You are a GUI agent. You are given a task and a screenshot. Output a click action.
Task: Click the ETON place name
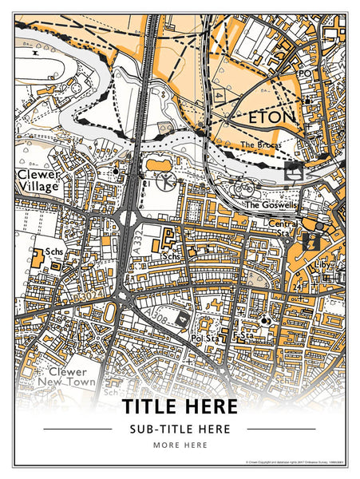click(x=272, y=119)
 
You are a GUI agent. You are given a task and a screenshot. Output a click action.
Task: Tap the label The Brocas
click(x=261, y=144)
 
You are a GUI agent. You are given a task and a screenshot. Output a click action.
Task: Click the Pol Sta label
click(x=205, y=339)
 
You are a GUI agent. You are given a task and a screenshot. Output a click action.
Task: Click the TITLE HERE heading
click(x=180, y=406)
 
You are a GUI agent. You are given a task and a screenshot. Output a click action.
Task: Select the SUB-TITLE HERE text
click(x=180, y=429)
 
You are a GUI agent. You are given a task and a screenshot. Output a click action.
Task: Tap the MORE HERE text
click(x=180, y=445)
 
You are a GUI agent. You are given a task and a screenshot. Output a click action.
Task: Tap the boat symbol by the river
click(x=293, y=170)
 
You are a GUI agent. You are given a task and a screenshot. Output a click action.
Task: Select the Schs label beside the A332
click(x=170, y=257)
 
